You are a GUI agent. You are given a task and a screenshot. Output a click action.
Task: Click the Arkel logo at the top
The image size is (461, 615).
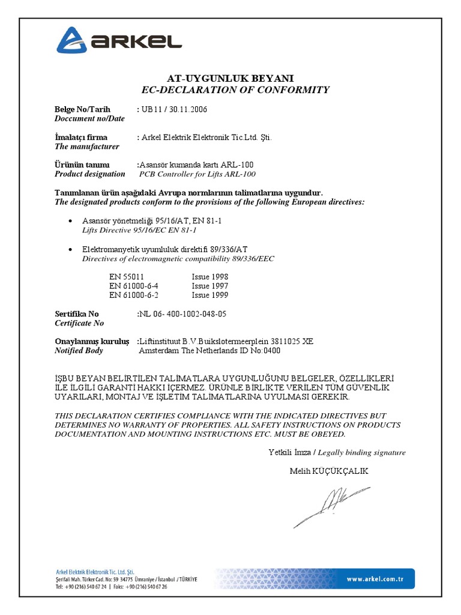tap(119, 40)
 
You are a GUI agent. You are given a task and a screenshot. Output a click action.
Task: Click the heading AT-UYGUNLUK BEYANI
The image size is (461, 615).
tap(230, 79)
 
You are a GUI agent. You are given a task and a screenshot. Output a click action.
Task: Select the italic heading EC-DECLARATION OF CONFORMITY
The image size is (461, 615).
tap(235, 90)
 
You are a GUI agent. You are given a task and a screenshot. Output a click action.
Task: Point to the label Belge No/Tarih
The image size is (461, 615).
tap(82, 109)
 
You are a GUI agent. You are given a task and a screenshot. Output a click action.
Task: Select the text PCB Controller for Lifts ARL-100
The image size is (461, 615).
tap(197, 174)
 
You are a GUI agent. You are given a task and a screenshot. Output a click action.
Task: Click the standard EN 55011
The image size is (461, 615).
tap(126, 277)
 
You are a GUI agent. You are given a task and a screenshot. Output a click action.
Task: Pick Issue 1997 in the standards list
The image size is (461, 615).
tap(209, 286)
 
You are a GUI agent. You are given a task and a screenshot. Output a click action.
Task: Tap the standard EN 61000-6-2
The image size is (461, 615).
tap(134, 295)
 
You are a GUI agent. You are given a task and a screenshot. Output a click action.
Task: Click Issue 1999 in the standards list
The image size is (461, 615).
tap(209, 295)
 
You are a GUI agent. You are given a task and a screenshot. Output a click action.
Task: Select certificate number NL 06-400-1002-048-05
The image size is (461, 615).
tap(183, 314)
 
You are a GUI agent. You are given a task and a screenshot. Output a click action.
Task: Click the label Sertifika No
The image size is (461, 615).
tap(77, 314)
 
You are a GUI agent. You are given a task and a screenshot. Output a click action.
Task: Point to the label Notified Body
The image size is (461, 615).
tap(79, 351)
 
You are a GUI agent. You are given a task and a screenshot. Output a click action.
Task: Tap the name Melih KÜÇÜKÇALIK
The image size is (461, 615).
tap(328, 471)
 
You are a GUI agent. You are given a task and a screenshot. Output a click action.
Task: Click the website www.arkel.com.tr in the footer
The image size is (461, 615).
tap(374, 579)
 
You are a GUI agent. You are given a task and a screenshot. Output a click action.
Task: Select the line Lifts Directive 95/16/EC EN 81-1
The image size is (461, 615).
tap(139, 230)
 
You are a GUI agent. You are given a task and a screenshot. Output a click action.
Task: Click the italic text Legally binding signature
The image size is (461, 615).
tap(361, 452)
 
